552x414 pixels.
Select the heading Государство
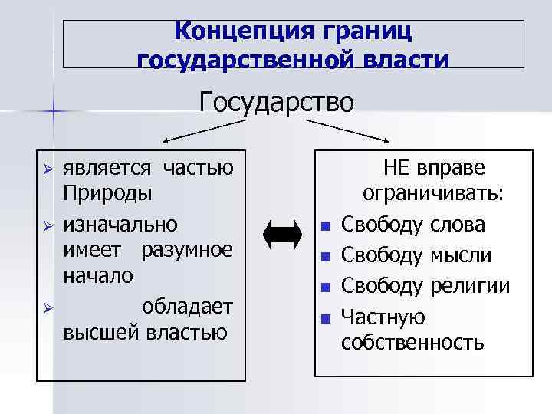pyautogui.click(x=277, y=101)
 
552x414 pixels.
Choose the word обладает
pyautogui.click(x=188, y=305)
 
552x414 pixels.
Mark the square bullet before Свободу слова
pyautogui.click(x=326, y=226)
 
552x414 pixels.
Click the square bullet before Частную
pyautogui.click(x=326, y=318)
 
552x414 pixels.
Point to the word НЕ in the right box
pyautogui.click(x=399, y=167)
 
